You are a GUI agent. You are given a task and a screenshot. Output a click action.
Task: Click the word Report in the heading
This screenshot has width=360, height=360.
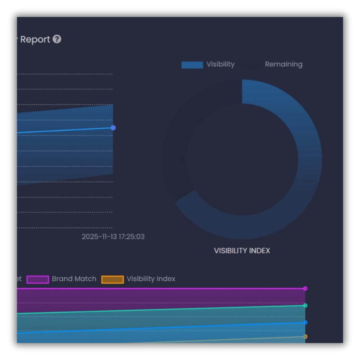[35, 40]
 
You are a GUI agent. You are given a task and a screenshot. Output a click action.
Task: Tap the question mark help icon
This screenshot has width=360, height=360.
[57, 39]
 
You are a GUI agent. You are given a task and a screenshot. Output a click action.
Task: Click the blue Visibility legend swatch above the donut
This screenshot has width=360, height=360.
[192, 65]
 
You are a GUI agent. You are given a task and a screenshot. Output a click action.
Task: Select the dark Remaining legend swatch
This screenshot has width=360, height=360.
[251, 65]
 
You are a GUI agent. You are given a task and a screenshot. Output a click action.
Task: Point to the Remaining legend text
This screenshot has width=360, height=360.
[283, 64]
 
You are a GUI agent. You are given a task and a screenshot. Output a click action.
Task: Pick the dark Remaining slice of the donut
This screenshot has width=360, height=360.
[176, 148]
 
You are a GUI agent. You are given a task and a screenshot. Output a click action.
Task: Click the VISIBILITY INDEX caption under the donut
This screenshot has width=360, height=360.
[242, 251]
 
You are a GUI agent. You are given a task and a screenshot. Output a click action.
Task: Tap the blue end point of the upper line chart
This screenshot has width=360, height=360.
[113, 128]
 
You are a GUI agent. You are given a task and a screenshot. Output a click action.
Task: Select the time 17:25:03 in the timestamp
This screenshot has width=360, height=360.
[131, 237]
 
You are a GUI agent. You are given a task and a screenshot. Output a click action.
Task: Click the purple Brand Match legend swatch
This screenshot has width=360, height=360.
[38, 279]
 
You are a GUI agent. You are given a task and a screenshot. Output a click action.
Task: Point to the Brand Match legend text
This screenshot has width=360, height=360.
[74, 279]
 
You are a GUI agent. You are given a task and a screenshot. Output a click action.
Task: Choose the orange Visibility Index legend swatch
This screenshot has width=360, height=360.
[112, 279]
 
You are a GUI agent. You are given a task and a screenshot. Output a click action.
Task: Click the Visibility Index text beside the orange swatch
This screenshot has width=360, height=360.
[151, 279]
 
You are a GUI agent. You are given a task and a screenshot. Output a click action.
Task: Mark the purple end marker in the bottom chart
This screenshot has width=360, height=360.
[305, 288]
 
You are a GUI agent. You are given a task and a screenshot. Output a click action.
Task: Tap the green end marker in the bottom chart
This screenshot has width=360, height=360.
[305, 306]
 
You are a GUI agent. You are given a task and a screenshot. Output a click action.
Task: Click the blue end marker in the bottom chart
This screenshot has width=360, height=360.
[305, 322]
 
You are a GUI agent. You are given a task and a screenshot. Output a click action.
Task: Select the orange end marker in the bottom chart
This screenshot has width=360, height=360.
[305, 337]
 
